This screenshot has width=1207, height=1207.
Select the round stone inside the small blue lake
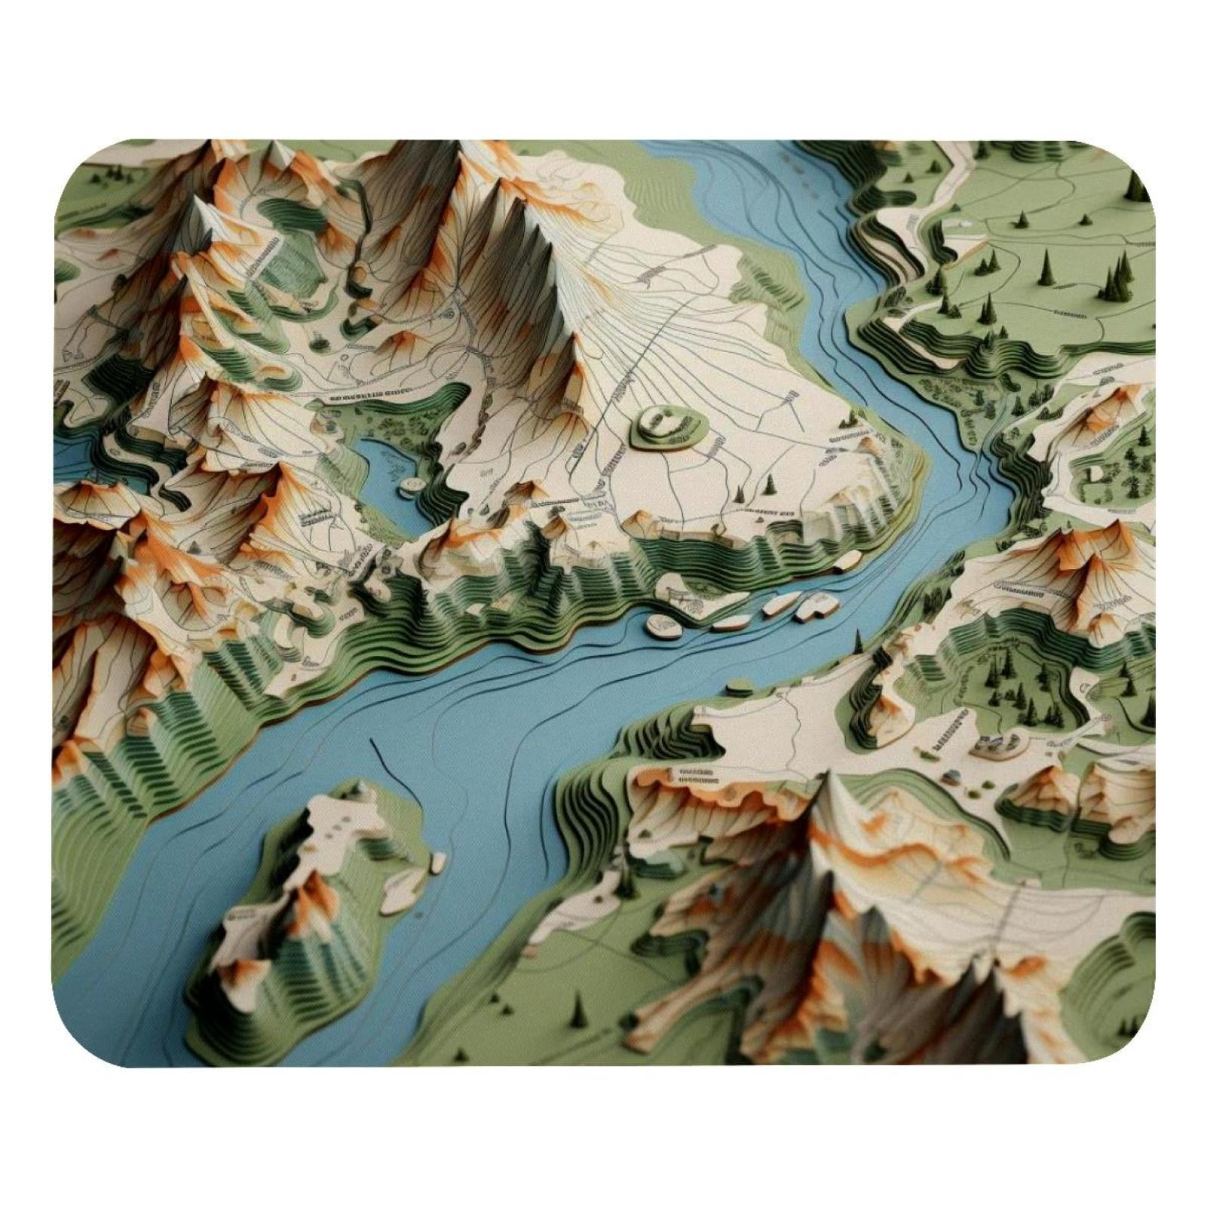(x=412, y=483)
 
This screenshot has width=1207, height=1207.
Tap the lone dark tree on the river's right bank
(x=858, y=642)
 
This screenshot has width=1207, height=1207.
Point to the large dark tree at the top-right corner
(x=1135, y=185)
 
